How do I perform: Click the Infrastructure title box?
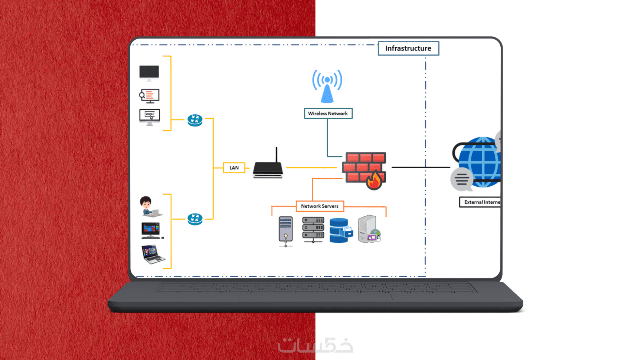408,48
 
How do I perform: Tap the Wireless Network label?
328,114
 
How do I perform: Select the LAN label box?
234,168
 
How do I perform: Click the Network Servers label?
320,206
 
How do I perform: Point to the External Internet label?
481,202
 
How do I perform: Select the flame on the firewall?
374,181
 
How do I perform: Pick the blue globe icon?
481,161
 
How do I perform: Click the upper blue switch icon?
195,120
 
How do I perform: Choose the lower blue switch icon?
195,219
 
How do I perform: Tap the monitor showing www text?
150,117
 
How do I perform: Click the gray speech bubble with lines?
462,179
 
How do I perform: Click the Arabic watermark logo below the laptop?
315,345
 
